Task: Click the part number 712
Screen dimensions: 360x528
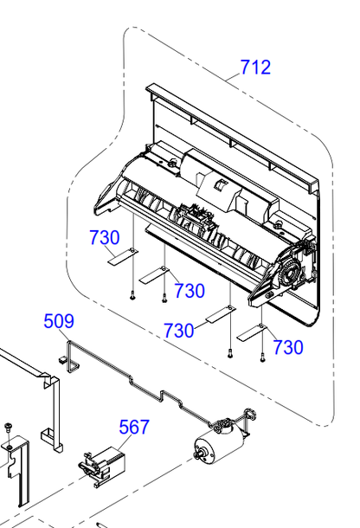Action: pos(255,67)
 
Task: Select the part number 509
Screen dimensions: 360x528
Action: pos(59,321)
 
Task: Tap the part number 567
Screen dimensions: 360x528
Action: pos(134,427)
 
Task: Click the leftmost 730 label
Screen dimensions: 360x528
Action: pos(105,237)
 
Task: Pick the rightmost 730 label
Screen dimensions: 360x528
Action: pos(288,347)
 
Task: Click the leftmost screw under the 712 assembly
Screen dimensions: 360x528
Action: pos(132,296)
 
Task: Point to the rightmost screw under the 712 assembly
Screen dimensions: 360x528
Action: pos(262,358)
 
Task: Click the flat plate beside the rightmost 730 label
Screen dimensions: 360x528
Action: pos(252,332)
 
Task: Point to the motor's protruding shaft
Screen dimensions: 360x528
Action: pos(198,454)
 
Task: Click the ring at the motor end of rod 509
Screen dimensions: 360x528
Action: pos(250,414)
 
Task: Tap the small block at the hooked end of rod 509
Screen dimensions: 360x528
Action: pos(62,360)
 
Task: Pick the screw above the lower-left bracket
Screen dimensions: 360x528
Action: pos(8,428)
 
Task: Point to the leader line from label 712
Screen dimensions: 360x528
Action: pos(234,77)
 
